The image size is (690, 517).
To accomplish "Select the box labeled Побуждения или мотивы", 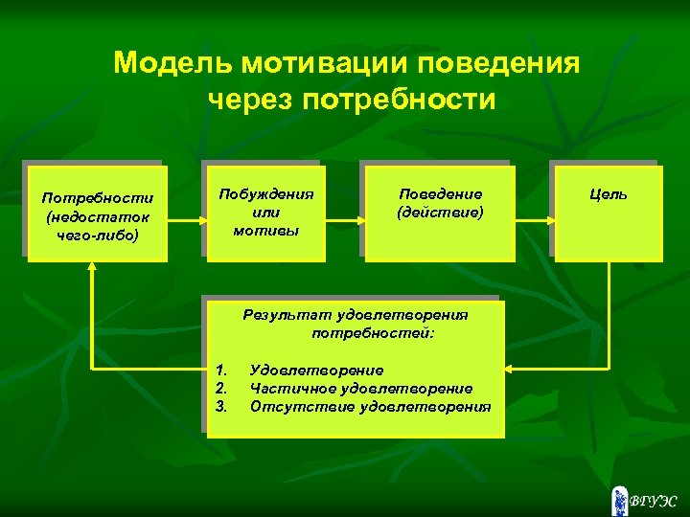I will coord(260,212).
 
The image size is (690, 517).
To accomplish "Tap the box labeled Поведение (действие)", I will coord(440,212).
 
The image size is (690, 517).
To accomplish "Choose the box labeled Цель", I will coord(609,212).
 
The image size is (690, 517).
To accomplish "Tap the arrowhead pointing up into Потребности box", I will coord(92,269).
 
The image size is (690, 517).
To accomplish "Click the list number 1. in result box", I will coord(221,370).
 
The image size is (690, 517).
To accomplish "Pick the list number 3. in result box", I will coord(221,406).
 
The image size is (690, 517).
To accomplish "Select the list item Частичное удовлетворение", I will coord(360,388).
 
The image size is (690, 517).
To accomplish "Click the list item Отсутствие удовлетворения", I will coord(370,406).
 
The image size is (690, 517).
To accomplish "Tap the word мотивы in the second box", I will coord(259,231).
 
